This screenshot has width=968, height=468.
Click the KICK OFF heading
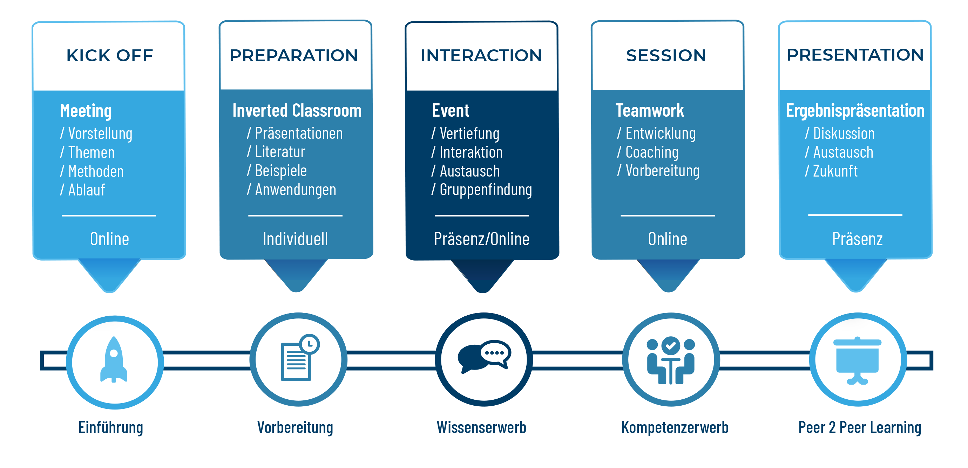pos(110,56)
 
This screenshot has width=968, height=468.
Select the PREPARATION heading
pos(294,56)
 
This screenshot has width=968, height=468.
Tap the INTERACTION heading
pos(481,56)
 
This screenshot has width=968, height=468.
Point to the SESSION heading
pos(666,56)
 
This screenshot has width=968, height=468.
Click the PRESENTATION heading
pos(855,55)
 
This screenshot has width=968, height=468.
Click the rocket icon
pos(114,359)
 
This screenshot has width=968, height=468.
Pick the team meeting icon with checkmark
pos(671,360)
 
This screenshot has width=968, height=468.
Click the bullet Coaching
pos(652,152)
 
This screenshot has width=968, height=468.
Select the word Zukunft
pos(835,171)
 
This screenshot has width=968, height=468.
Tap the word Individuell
pos(295,239)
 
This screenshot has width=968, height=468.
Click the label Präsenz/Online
pos(482,239)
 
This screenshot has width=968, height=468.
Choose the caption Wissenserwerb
pos(481,427)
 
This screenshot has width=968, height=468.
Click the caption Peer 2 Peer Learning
pos(860,428)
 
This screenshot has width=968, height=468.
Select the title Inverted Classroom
pos(297,110)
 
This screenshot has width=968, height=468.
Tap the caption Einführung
pos(111,428)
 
